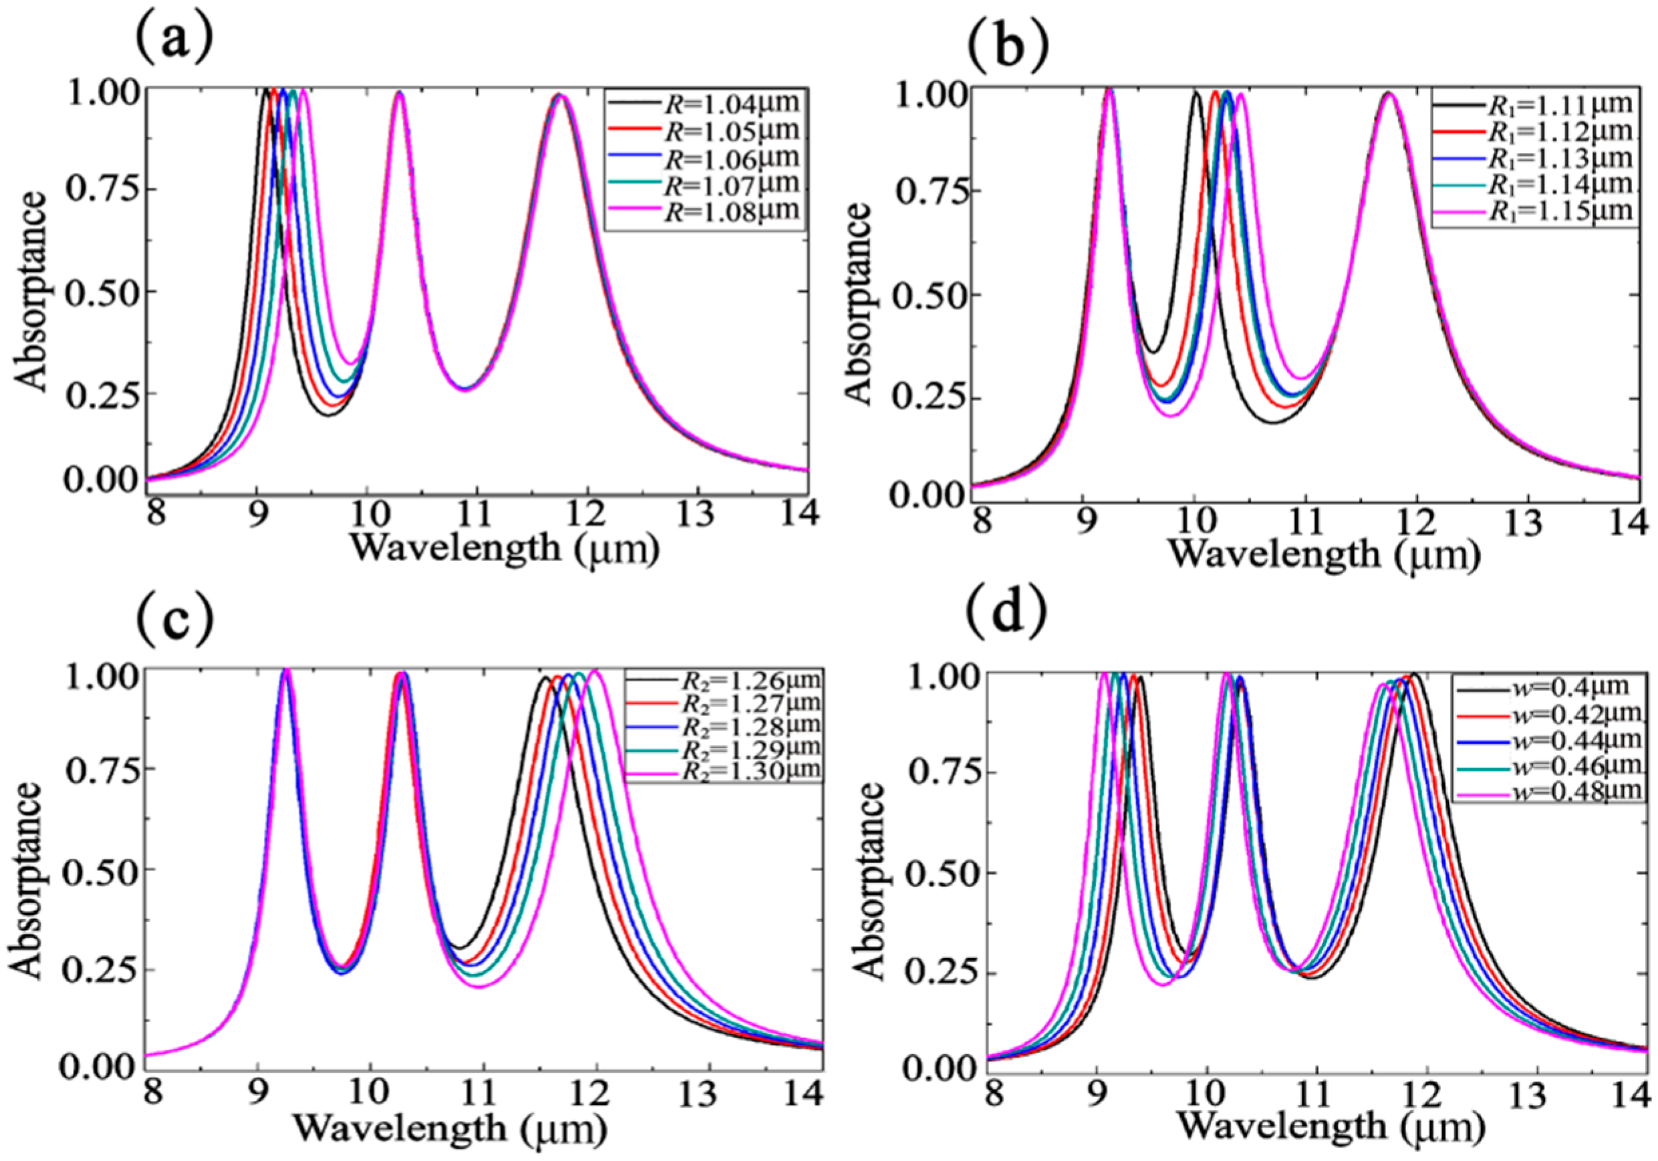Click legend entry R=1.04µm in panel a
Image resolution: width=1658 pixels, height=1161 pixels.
click(728, 104)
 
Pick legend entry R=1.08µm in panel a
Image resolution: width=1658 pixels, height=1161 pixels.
click(728, 211)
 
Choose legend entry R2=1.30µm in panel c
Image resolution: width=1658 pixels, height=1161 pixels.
click(751, 769)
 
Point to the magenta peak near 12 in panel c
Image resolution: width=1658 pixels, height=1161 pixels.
click(594, 671)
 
